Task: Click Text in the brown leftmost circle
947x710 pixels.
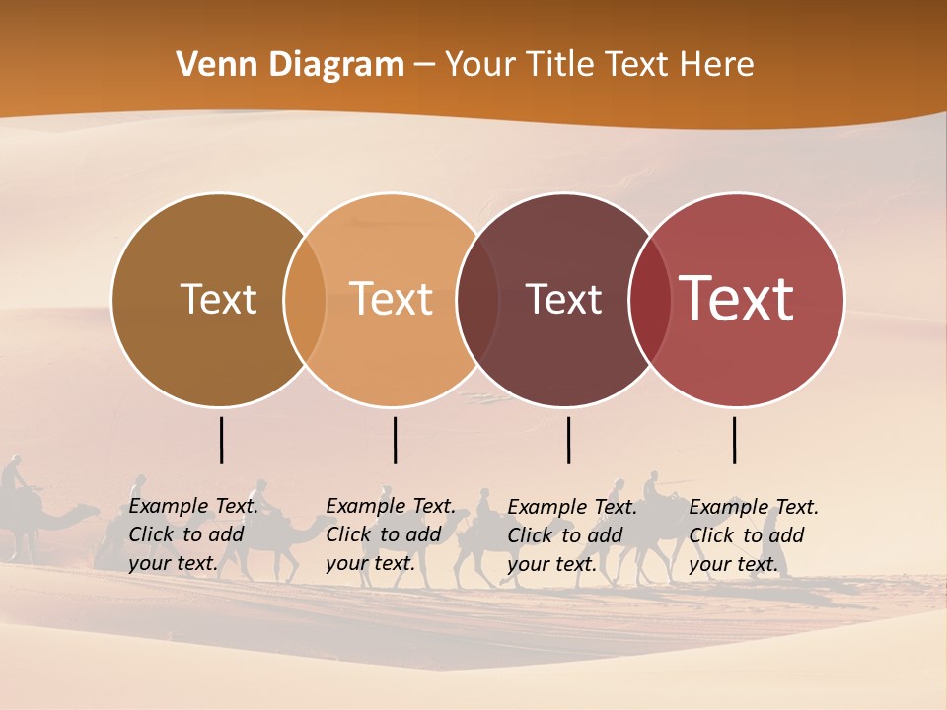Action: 218,299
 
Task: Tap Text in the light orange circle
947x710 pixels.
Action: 392,299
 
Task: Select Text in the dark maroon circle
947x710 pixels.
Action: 563,299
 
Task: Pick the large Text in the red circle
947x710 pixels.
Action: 737,299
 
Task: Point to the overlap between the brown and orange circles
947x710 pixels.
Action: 305,300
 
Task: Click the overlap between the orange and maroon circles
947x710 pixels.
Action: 477,300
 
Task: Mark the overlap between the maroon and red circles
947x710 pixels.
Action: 650,300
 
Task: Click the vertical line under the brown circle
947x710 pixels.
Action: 222,440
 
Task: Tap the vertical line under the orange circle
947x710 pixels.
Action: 395,440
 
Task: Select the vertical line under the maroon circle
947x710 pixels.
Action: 568,440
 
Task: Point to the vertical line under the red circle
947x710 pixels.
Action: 735,440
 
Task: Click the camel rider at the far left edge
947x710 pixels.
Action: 13,478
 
